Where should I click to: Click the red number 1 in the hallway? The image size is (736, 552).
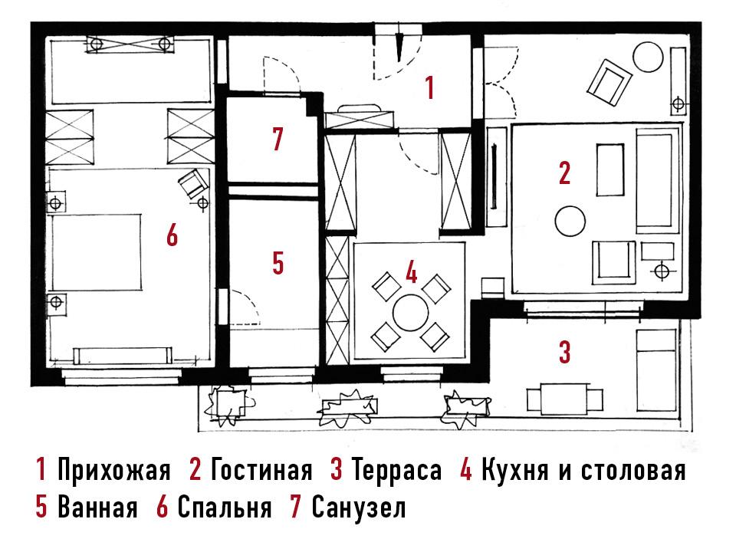point(429,87)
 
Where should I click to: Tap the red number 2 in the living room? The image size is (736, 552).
point(565,172)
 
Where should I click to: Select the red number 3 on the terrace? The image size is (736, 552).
point(565,352)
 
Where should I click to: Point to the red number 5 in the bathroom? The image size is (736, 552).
point(278,263)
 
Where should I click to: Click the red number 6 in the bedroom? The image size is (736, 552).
point(172,235)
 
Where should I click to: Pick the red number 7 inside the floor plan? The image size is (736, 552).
point(278,139)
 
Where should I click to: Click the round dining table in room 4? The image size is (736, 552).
point(411,313)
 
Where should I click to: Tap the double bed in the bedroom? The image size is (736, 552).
point(97,252)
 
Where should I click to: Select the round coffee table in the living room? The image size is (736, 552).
point(570,221)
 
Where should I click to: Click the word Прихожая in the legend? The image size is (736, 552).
point(113,470)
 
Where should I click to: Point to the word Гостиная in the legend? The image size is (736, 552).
point(261,470)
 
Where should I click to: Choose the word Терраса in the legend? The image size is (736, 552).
point(396,471)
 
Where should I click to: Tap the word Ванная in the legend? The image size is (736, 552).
point(97,508)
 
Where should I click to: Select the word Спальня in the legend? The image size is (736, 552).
point(225,508)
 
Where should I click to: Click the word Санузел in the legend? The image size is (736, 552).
point(359,508)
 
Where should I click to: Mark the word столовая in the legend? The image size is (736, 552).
point(633,470)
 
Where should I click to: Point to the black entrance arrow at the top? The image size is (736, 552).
point(399,47)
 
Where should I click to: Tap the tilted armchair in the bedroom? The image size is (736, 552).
point(193,183)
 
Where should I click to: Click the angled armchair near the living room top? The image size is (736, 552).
point(609,82)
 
